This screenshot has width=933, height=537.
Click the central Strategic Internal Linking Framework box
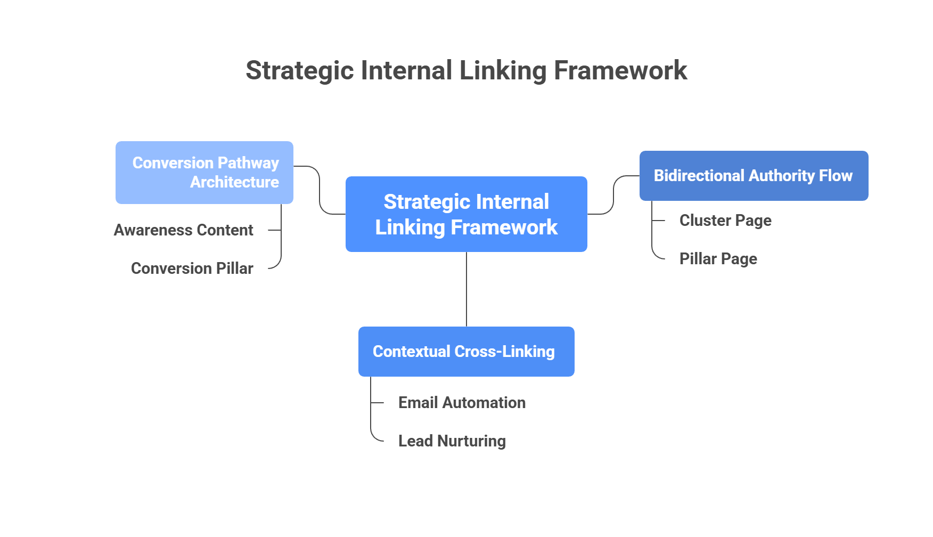click(466, 214)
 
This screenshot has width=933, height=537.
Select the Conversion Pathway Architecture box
click(204, 172)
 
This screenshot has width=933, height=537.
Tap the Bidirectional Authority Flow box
click(753, 175)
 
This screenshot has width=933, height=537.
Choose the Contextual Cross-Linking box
click(466, 351)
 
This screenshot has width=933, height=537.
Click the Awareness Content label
click(184, 230)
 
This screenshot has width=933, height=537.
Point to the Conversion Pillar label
click(192, 268)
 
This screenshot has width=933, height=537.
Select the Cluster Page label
click(725, 221)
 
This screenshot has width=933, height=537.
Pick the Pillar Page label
click(718, 259)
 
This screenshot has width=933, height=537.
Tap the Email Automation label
click(462, 403)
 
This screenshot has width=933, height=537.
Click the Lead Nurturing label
click(452, 441)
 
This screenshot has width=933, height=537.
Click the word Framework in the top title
click(620, 70)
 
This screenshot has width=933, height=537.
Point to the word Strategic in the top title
click(300, 70)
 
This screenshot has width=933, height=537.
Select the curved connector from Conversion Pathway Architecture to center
click(320, 192)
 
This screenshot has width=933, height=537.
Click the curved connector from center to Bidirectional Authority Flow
click(613, 196)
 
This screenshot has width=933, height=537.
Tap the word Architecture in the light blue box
click(234, 182)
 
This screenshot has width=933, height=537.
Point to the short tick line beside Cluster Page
click(659, 220)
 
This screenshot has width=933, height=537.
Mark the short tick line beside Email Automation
click(378, 403)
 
